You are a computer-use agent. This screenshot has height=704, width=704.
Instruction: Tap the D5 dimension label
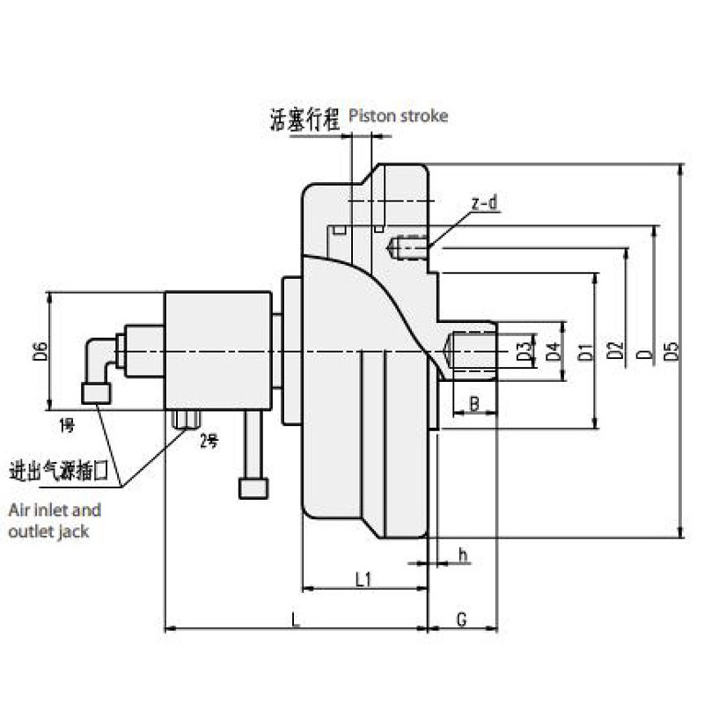pos(673,351)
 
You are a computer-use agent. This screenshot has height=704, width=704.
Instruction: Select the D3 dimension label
pos(524,351)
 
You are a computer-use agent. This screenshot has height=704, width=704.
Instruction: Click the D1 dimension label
pos(584,353)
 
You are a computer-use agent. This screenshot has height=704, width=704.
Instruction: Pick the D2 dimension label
pos(615,352)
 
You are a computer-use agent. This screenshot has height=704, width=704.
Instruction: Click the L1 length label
pos(363,579)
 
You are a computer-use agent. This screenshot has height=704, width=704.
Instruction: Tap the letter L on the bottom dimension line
pos(297,620)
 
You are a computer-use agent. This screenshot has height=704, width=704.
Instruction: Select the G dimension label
pos(461,620)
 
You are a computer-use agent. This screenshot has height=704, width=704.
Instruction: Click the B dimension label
pos(473,404)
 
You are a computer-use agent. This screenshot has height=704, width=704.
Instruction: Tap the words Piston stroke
pos(399,116)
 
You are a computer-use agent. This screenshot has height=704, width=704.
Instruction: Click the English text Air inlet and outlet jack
pos(55,520)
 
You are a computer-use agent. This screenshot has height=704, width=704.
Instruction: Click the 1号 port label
pos(68,426)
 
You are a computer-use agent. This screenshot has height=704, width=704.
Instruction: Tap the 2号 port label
pos(209,441)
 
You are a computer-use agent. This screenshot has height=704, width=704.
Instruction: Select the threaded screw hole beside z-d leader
pos(408,248)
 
